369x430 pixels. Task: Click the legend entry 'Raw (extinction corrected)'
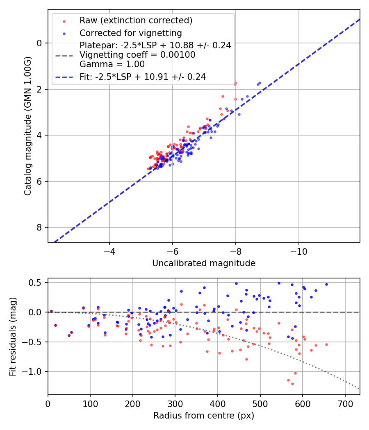pyautogui.click(x=136, y=20)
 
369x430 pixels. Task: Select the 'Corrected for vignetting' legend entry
pyautogui.click(x=130, y=33)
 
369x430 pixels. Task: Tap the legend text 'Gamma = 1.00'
pyautogui.click(x=112, y=64)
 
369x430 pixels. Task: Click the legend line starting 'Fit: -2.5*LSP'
pyautogui.click(x=142, y=77)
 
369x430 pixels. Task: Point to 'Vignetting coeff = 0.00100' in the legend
pyautogui.click(x=137, y=54)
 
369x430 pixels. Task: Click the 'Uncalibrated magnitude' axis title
pyautogui.click(x=204, y=263)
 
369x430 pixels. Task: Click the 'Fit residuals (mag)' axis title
pyautogui.click(x=13, y=336)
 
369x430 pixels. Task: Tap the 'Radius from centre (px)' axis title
pyautogui.click(x=204, y=416)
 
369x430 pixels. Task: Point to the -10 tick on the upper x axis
pyautogui.click(x=298, y=251)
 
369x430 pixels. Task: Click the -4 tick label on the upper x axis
pyautogui.click(x=109, y=251)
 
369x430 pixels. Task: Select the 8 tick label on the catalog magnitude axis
pyautogui.click(x=40, y=227)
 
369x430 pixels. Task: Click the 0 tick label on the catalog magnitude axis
pyautogui.click(x=40, y=43)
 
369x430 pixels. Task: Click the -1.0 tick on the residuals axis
pyautogui.click(x=34, y=371)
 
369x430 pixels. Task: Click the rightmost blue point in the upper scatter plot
pyautogui.click(x=260, y=82)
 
